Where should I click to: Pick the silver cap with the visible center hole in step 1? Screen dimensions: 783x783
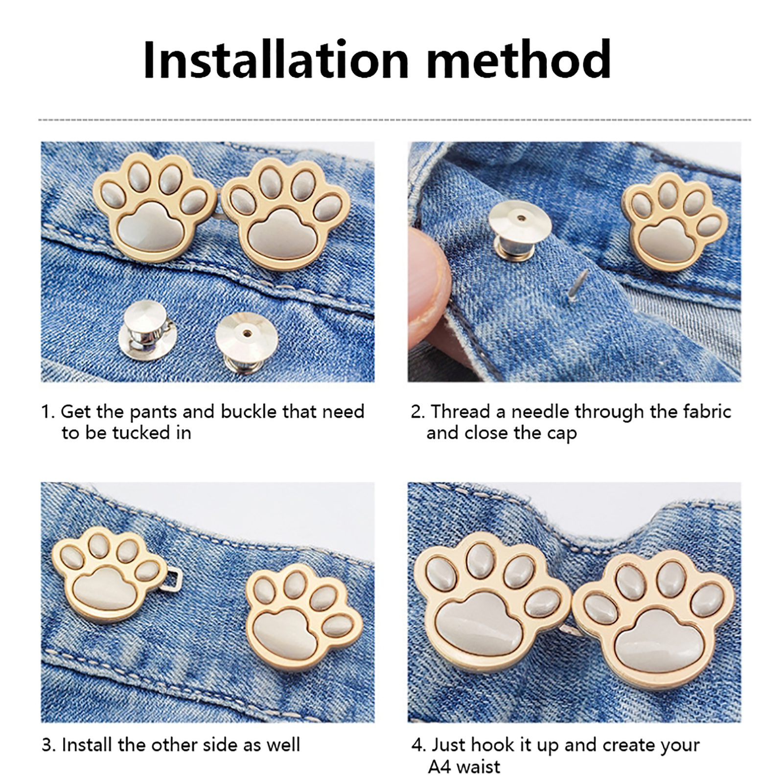247,342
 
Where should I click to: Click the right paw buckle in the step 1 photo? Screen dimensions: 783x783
286,213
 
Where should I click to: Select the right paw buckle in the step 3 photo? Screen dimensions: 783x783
304,618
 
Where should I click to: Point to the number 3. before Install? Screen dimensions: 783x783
48,745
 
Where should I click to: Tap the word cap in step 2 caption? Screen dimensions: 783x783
563,434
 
